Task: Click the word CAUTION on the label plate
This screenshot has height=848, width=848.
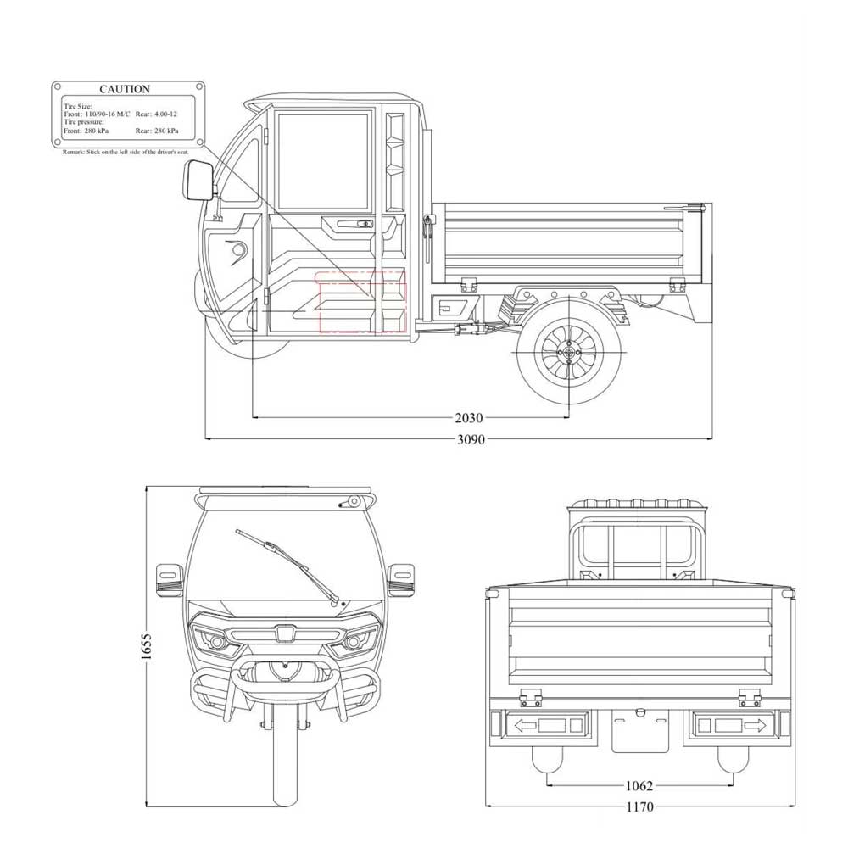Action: pyautogui.click(x=125, y=89)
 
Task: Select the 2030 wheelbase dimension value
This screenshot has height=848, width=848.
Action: pyautogui.click(x=468, y=418)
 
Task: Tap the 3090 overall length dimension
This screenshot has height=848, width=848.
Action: pyautogui.click(x=471, y=440)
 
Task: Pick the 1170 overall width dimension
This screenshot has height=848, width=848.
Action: pyautogui.click(x=639, y=807)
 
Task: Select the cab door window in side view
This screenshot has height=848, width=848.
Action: pyautogui.click(x=322, y=161)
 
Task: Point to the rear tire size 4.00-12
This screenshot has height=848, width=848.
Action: pyautogui.click(x=166, y=114)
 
